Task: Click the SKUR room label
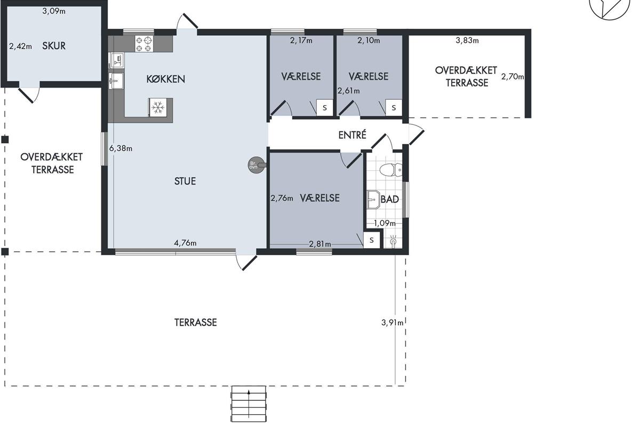[54, 46]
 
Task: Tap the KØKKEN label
[166, 79]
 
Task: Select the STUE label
[185, 181]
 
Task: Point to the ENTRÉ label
[352, 135]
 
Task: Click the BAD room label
[390, 199]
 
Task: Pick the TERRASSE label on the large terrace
[196, 322]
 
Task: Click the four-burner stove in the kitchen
[144, 44]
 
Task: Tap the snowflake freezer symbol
[157, 107]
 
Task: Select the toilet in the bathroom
[391, 170]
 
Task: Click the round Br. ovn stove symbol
[256, 165]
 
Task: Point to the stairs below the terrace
[249, 404]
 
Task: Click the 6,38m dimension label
[121, 148]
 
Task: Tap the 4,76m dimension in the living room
[185, 243]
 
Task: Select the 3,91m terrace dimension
[393, 322]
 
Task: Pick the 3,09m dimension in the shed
[54, 11]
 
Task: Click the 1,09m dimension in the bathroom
[385, 223]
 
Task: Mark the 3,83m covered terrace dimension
[467, 41]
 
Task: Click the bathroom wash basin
[373, 199]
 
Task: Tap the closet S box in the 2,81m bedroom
[371, 240]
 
